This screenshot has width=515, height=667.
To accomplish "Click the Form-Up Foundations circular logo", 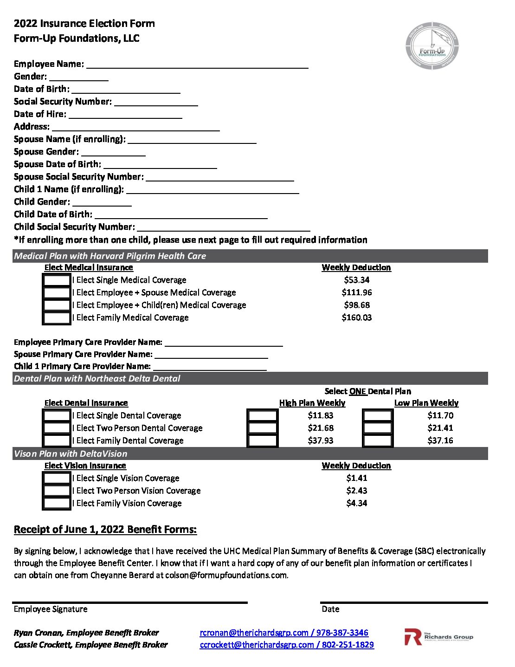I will (432, 45).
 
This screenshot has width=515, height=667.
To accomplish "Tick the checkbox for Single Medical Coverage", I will (57, 280).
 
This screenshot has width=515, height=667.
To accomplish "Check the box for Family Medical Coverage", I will (57, 318).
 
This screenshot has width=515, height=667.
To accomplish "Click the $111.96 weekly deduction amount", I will (356, 292).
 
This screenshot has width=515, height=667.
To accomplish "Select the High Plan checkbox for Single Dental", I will (263, 415).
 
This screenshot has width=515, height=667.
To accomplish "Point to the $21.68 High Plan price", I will (320, 428).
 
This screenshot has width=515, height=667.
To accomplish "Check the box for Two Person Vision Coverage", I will (57, 491).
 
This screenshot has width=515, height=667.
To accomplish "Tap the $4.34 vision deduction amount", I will (356, 503).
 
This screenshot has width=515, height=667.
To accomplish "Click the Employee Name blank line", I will (197, 64).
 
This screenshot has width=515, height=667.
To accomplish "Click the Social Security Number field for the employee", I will (156, 102).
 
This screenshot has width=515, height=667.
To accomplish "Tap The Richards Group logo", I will (438, 637).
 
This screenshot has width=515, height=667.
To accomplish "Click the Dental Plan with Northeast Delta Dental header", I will (97, 379).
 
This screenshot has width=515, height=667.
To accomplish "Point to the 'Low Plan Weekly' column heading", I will (426, 403).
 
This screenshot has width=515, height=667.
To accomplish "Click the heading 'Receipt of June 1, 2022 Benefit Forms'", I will (105, 530).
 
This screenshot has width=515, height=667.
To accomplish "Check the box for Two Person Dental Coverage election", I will (57, 428).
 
